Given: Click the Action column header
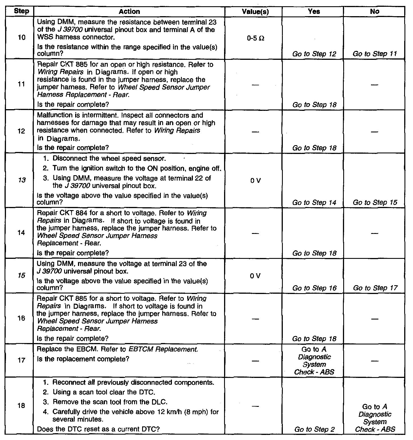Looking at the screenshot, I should pyautogui.click(x=129, y=12).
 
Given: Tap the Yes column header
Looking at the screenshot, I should pyautogui.click(x=314, y=12).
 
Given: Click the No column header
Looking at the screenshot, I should pyautogui.click(x=374, y=12).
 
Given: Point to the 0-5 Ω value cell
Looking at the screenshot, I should pyautogui.click(x=255, y=38).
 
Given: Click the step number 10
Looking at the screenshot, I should pyautogui.click(x=21, y=37).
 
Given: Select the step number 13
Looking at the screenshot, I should pyautogui.click(x=21, y=180).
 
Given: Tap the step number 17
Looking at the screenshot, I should pyautogui.click(x=21, y=360).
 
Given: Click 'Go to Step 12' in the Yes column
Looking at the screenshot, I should pyautogui.click(x=314, y=54).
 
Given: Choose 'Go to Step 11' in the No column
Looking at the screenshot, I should pyautogui.click(x=375, y=54).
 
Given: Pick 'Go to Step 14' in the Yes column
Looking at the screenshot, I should pyautogui.click(x=314, y=202).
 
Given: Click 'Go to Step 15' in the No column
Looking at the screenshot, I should pyautogui.click(x=375, y=202).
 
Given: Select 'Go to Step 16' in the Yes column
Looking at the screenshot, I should pyautogui.click(x=314, y=288).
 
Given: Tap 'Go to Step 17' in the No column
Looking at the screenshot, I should pyautogui.click(x=375, y=288).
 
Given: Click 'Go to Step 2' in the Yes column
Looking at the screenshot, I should pyautogui.click(x=314, y=429).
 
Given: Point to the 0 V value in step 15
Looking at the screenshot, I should pyautogui.click(x=255, y=276).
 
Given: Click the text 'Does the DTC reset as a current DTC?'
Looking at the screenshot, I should pyautogui.click(x=98, y=429).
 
